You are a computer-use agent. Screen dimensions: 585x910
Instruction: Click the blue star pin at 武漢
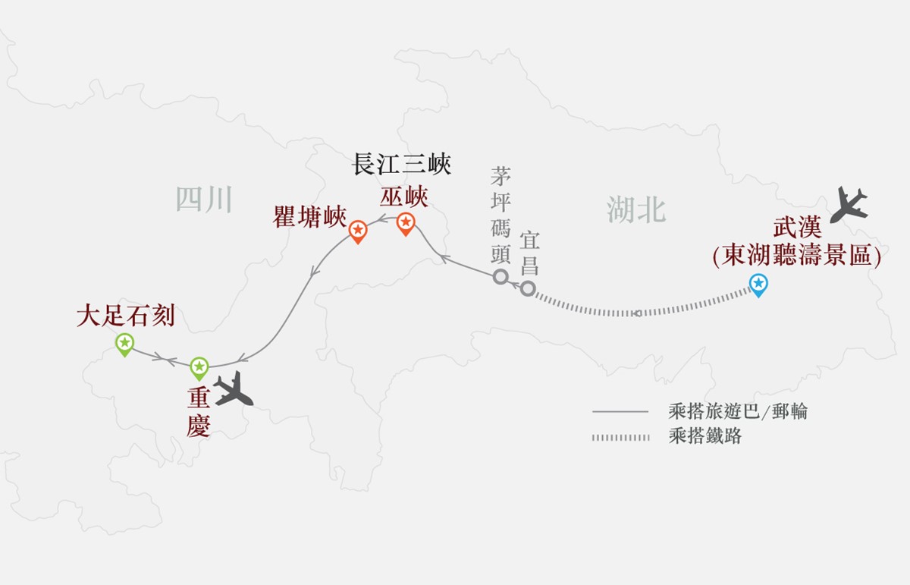pos(758,285)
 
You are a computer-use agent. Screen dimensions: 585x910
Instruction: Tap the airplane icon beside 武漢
pos(849,205)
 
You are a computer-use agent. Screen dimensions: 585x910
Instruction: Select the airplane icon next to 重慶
pos(234,389)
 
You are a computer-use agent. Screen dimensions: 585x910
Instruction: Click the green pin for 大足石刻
pos(124,344)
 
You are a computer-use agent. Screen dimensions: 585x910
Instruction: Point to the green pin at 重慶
pos(199,368)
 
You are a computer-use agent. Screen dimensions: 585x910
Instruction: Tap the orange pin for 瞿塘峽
pos(358,230)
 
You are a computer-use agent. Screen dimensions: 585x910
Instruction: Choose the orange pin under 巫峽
pos(406,222)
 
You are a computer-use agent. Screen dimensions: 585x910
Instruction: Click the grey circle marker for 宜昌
pos(528,288)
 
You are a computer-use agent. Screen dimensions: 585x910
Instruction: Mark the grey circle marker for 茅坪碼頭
pos(500,276)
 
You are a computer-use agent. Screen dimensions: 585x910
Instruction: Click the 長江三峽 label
pos(402,165)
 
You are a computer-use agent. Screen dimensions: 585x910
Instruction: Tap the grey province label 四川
pos(203,200)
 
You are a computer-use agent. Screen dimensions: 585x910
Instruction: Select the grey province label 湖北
pos(635,209)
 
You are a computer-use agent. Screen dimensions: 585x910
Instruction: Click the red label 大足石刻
pos(125,316)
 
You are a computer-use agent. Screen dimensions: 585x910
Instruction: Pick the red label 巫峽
pos(404,197)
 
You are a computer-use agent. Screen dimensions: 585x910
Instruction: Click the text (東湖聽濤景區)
pos(796,256)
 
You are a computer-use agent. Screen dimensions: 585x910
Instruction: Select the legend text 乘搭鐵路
pos(705,436)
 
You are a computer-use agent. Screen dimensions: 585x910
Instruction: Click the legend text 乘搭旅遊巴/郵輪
pos(738,411)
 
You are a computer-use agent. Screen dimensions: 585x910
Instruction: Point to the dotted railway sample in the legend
pos(621,437)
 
